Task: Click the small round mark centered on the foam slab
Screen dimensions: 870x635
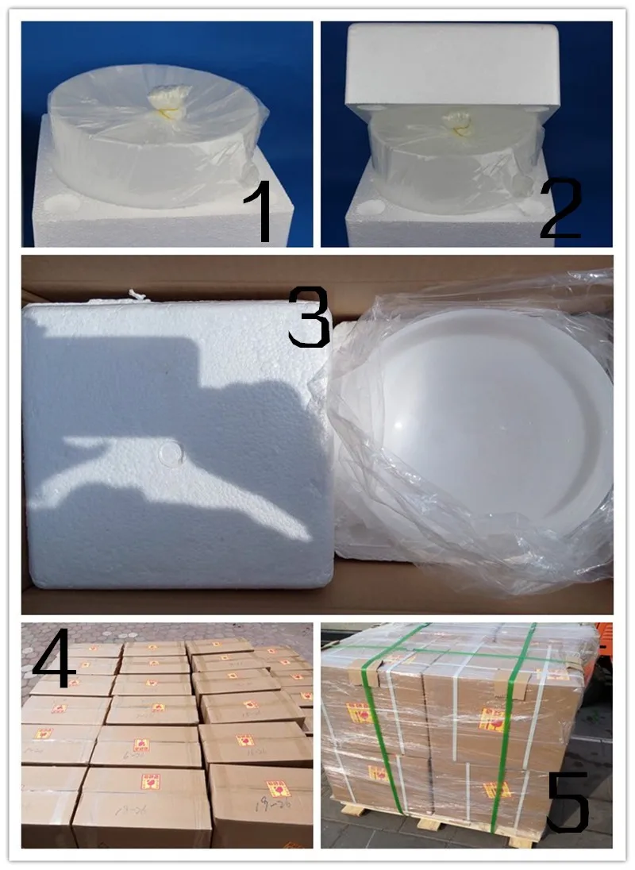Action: pyautogui.click(x=170, y=452)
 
